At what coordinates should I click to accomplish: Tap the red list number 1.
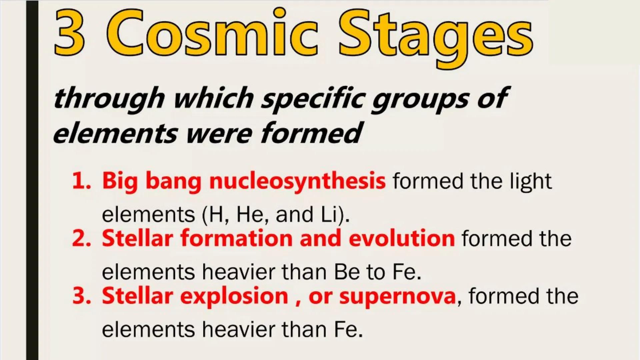(x=81, y=181)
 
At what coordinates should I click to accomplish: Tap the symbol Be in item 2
(x=347, y=272)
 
